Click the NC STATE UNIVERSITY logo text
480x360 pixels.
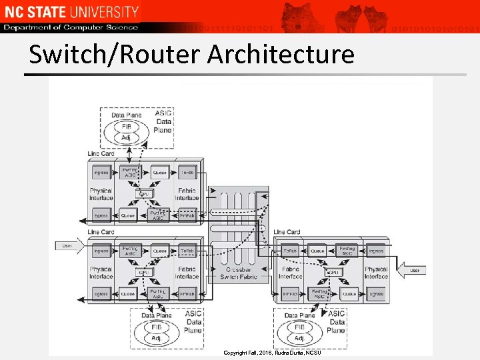coord(71,11)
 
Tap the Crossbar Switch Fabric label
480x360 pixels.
coord(238,273)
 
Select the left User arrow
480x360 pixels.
coord(69,246)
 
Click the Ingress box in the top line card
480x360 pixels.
coord(101,173)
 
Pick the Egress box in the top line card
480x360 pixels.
coord(101,215)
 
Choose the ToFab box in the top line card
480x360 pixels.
coord(187,173)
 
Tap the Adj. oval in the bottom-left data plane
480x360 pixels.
coord(156,338)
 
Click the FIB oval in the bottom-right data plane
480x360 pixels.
coord(300,327)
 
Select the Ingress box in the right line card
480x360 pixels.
coord(375,251)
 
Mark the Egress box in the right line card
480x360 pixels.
coord(375,293)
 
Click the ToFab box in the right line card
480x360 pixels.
coord(290,251)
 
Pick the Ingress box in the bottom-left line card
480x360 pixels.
coord(101,251)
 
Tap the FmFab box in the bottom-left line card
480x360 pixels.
coord(187,293)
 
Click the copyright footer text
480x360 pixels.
coord(272,352)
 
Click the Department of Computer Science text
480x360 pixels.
coord(71,27)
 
